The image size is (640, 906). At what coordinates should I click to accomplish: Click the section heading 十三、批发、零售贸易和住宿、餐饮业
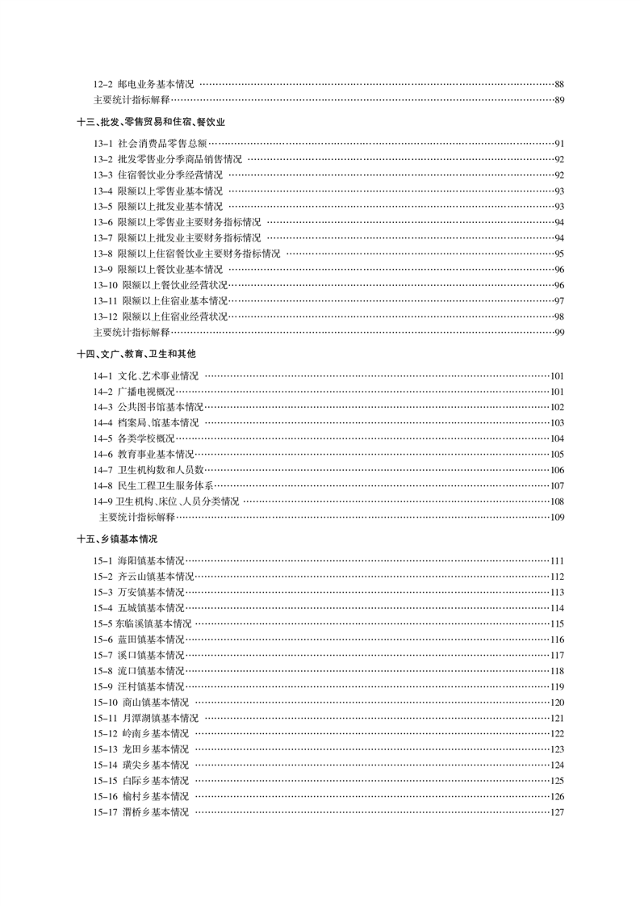click(x=150, y=122)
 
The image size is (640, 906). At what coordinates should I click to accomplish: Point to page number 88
click(x=558, y=84)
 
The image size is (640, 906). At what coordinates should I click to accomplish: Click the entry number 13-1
click(x=102, y=144)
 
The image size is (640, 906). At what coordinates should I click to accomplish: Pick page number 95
click(x=558, y=254)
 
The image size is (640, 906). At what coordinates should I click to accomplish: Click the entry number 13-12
click(x=105, y=316)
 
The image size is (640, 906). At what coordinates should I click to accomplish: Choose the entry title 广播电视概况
click(x=146, y=392)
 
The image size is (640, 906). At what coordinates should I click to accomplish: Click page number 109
click(x=556, y=518)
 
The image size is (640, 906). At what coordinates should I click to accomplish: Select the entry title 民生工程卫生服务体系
click(x=165, y=486)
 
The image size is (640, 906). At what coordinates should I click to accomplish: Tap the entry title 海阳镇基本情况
click(x=151, y=561)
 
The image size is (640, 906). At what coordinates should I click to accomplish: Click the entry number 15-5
click(x=102, y=624)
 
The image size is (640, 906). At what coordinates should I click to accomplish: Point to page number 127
click(x=556, y=812)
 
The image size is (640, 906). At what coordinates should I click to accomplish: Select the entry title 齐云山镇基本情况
click(x=156, y=577)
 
